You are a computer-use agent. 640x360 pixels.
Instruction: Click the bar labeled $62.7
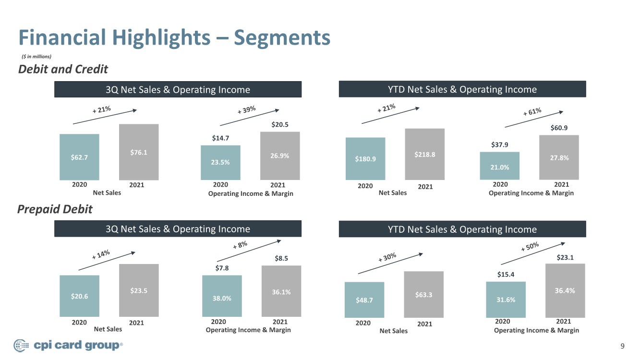79,157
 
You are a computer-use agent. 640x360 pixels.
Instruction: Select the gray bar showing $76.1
139,152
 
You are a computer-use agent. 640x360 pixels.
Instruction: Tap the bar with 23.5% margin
220,163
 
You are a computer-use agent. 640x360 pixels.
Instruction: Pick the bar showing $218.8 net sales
425,154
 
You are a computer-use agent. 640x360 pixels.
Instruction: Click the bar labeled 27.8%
559,157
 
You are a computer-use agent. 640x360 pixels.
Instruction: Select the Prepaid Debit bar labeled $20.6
79,296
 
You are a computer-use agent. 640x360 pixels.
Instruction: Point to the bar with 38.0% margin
222,296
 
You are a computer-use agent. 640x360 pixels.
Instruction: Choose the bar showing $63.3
424,294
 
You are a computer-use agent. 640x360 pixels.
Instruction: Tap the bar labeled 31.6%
506,300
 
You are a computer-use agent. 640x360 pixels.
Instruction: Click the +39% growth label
247,110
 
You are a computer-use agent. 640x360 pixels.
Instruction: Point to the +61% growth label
532,112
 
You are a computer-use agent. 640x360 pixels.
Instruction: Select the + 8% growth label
240,245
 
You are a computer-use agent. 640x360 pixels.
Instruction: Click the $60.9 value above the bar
559,128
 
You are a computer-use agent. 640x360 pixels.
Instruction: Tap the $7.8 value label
222,268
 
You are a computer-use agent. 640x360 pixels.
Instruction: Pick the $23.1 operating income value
565,257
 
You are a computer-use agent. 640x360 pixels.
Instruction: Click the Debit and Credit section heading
63,69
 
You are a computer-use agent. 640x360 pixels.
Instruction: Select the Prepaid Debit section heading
55,209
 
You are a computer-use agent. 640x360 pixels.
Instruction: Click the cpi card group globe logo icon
21,346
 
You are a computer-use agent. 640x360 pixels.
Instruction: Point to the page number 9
623,346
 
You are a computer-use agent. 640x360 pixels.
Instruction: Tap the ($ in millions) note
36,56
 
